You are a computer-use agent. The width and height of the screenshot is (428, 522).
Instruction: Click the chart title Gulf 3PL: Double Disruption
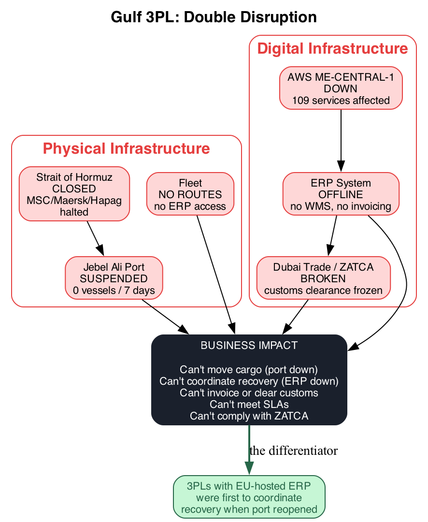[214, 17]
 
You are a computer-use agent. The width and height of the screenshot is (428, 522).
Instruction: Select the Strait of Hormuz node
[74, 194]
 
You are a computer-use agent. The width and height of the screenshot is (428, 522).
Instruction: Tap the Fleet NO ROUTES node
[190, 194]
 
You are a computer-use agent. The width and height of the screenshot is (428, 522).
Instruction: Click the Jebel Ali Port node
[114, 278]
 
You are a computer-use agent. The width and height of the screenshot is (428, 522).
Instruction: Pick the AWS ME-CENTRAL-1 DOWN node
[341, 88]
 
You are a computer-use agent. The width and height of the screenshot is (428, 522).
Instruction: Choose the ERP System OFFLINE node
[341, 194]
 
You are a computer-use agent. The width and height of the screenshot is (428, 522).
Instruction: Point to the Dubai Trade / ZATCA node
[323, 278]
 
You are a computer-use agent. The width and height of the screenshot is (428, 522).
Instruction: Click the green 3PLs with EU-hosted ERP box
[249, 497]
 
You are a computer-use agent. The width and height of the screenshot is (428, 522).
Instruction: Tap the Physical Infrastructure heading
[126, 148]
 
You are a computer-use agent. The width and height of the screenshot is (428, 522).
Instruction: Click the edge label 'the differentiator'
[293, 451]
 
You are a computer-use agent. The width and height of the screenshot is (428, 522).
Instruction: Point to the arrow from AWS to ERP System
[341, 140]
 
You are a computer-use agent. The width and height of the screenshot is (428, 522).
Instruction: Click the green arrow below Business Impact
[249, 449]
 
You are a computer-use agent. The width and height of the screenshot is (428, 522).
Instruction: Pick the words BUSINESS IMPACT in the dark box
[249, 346]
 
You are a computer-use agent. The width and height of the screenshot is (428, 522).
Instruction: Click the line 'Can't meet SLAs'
[249, 404]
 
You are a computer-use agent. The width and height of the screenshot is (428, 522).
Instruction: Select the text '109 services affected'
[341, 101]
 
